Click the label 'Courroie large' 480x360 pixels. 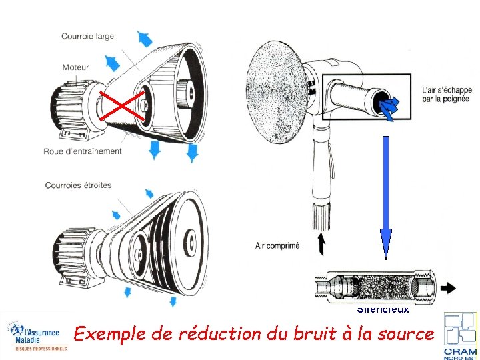coord(87,36)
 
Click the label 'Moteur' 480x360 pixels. coord(75,67)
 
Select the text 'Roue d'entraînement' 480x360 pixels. coord(83,151)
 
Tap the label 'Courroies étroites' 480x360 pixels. coord(78,185)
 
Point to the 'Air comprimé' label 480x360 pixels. coord(277,245)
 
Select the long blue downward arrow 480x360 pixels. coord(385,200)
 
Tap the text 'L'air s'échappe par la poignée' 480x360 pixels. coord(447,95)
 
